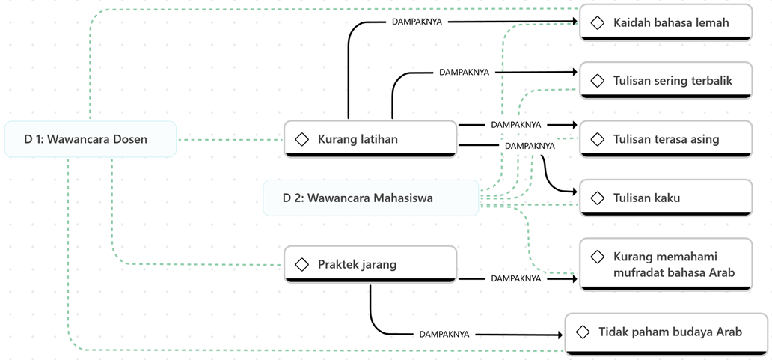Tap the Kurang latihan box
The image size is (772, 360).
point(370,139)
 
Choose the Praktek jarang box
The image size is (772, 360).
point(370,264)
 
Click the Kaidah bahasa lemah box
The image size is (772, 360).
point(666,23)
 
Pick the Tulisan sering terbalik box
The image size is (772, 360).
point(666,80)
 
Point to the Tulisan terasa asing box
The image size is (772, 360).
point(666,139)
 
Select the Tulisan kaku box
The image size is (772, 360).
point(666,198)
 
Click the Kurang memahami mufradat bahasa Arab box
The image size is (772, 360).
point(666,264)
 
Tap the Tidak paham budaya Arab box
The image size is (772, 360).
point(666,332)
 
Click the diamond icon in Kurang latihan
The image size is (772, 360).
point(302,139)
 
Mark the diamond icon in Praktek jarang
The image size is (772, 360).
point(302,264)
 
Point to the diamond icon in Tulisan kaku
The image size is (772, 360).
point(598,198)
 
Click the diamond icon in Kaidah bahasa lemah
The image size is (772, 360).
point(598,23)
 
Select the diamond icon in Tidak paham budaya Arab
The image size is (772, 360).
point(583,332)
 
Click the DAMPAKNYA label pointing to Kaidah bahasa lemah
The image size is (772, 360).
point(417,22)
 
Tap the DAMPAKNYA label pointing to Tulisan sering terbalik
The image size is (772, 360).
point(464,73)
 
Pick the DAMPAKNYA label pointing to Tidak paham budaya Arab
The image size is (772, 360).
point(444,335)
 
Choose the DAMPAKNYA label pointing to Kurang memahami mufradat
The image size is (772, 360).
point(516,278)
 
